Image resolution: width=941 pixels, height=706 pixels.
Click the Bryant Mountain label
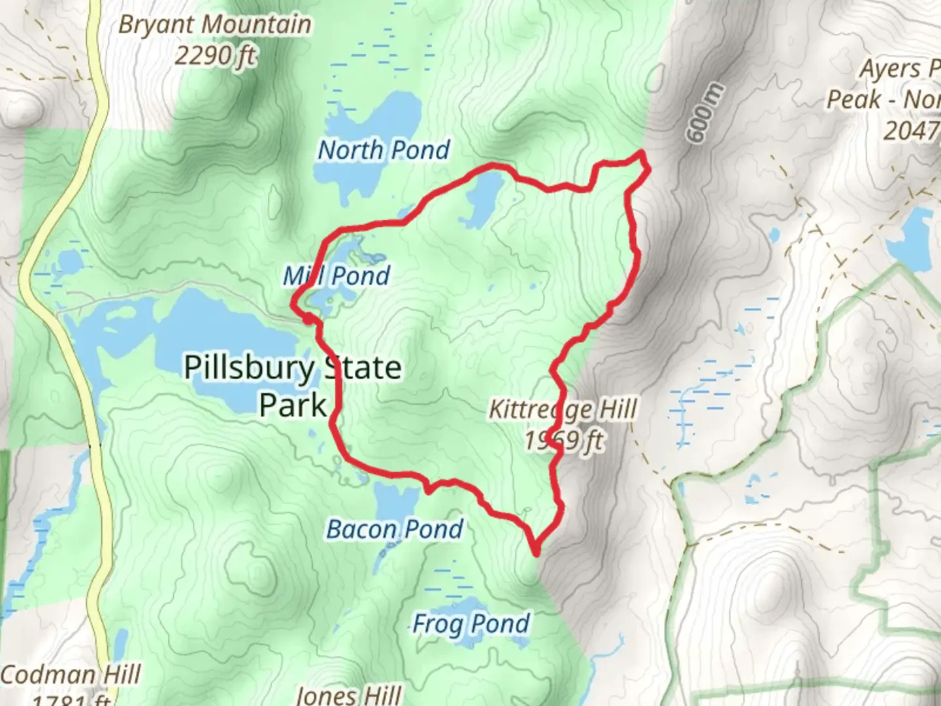point(214,25)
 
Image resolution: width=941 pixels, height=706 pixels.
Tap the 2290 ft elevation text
point(214,56)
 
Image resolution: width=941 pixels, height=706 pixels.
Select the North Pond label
point(384,150)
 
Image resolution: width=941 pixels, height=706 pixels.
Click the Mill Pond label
point(337,275)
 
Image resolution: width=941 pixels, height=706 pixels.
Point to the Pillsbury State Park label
point(292,386)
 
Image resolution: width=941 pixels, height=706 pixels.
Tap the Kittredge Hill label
point(563,410)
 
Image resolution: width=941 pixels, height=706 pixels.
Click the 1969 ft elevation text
point(564,441)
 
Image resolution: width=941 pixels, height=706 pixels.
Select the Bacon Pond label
point(395,529)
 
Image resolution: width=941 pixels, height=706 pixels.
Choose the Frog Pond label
point(470,624)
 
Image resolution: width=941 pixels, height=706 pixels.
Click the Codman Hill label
point(71,674)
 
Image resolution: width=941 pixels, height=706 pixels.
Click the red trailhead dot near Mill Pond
point(306,318)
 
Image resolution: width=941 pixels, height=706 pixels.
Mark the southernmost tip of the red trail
point(537,553)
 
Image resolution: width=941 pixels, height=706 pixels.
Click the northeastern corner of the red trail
point(643,155)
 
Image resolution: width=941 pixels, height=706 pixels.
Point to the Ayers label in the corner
point(899,69)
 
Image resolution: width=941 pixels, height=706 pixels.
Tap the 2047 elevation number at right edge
point(911,131)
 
